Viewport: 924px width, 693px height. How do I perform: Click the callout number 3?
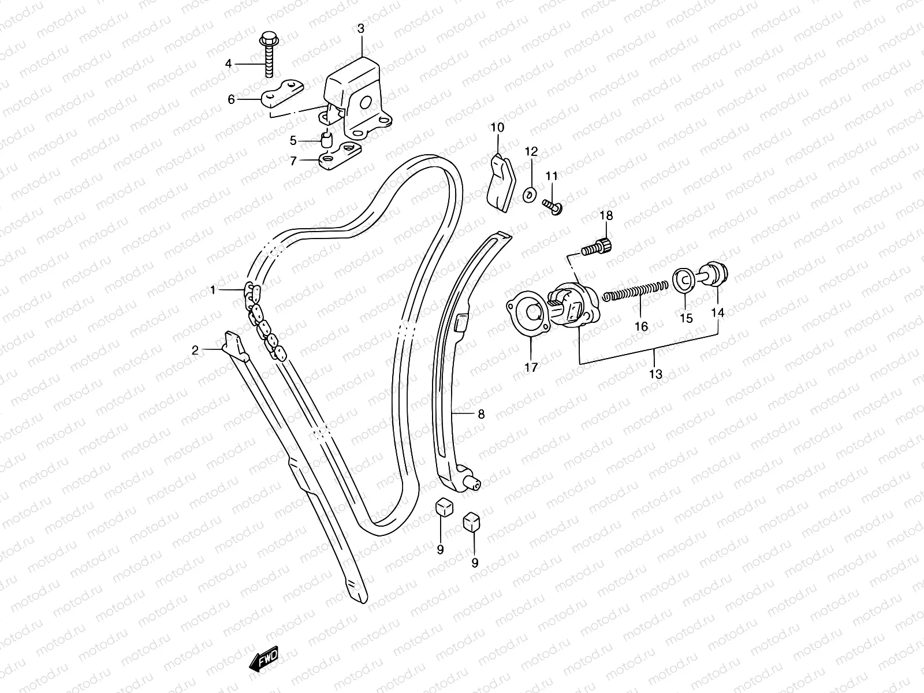[360, 28]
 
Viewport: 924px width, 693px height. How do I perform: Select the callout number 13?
[655, 374]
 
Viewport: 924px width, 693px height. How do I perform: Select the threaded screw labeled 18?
[598, 247]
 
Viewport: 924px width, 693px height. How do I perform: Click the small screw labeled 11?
[552, 205]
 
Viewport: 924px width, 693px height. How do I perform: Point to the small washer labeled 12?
[529, 195]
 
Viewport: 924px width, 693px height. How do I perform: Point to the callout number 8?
[481, 414]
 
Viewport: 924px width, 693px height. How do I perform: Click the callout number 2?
[195, 349]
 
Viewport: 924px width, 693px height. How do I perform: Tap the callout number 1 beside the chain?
[213, 290]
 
